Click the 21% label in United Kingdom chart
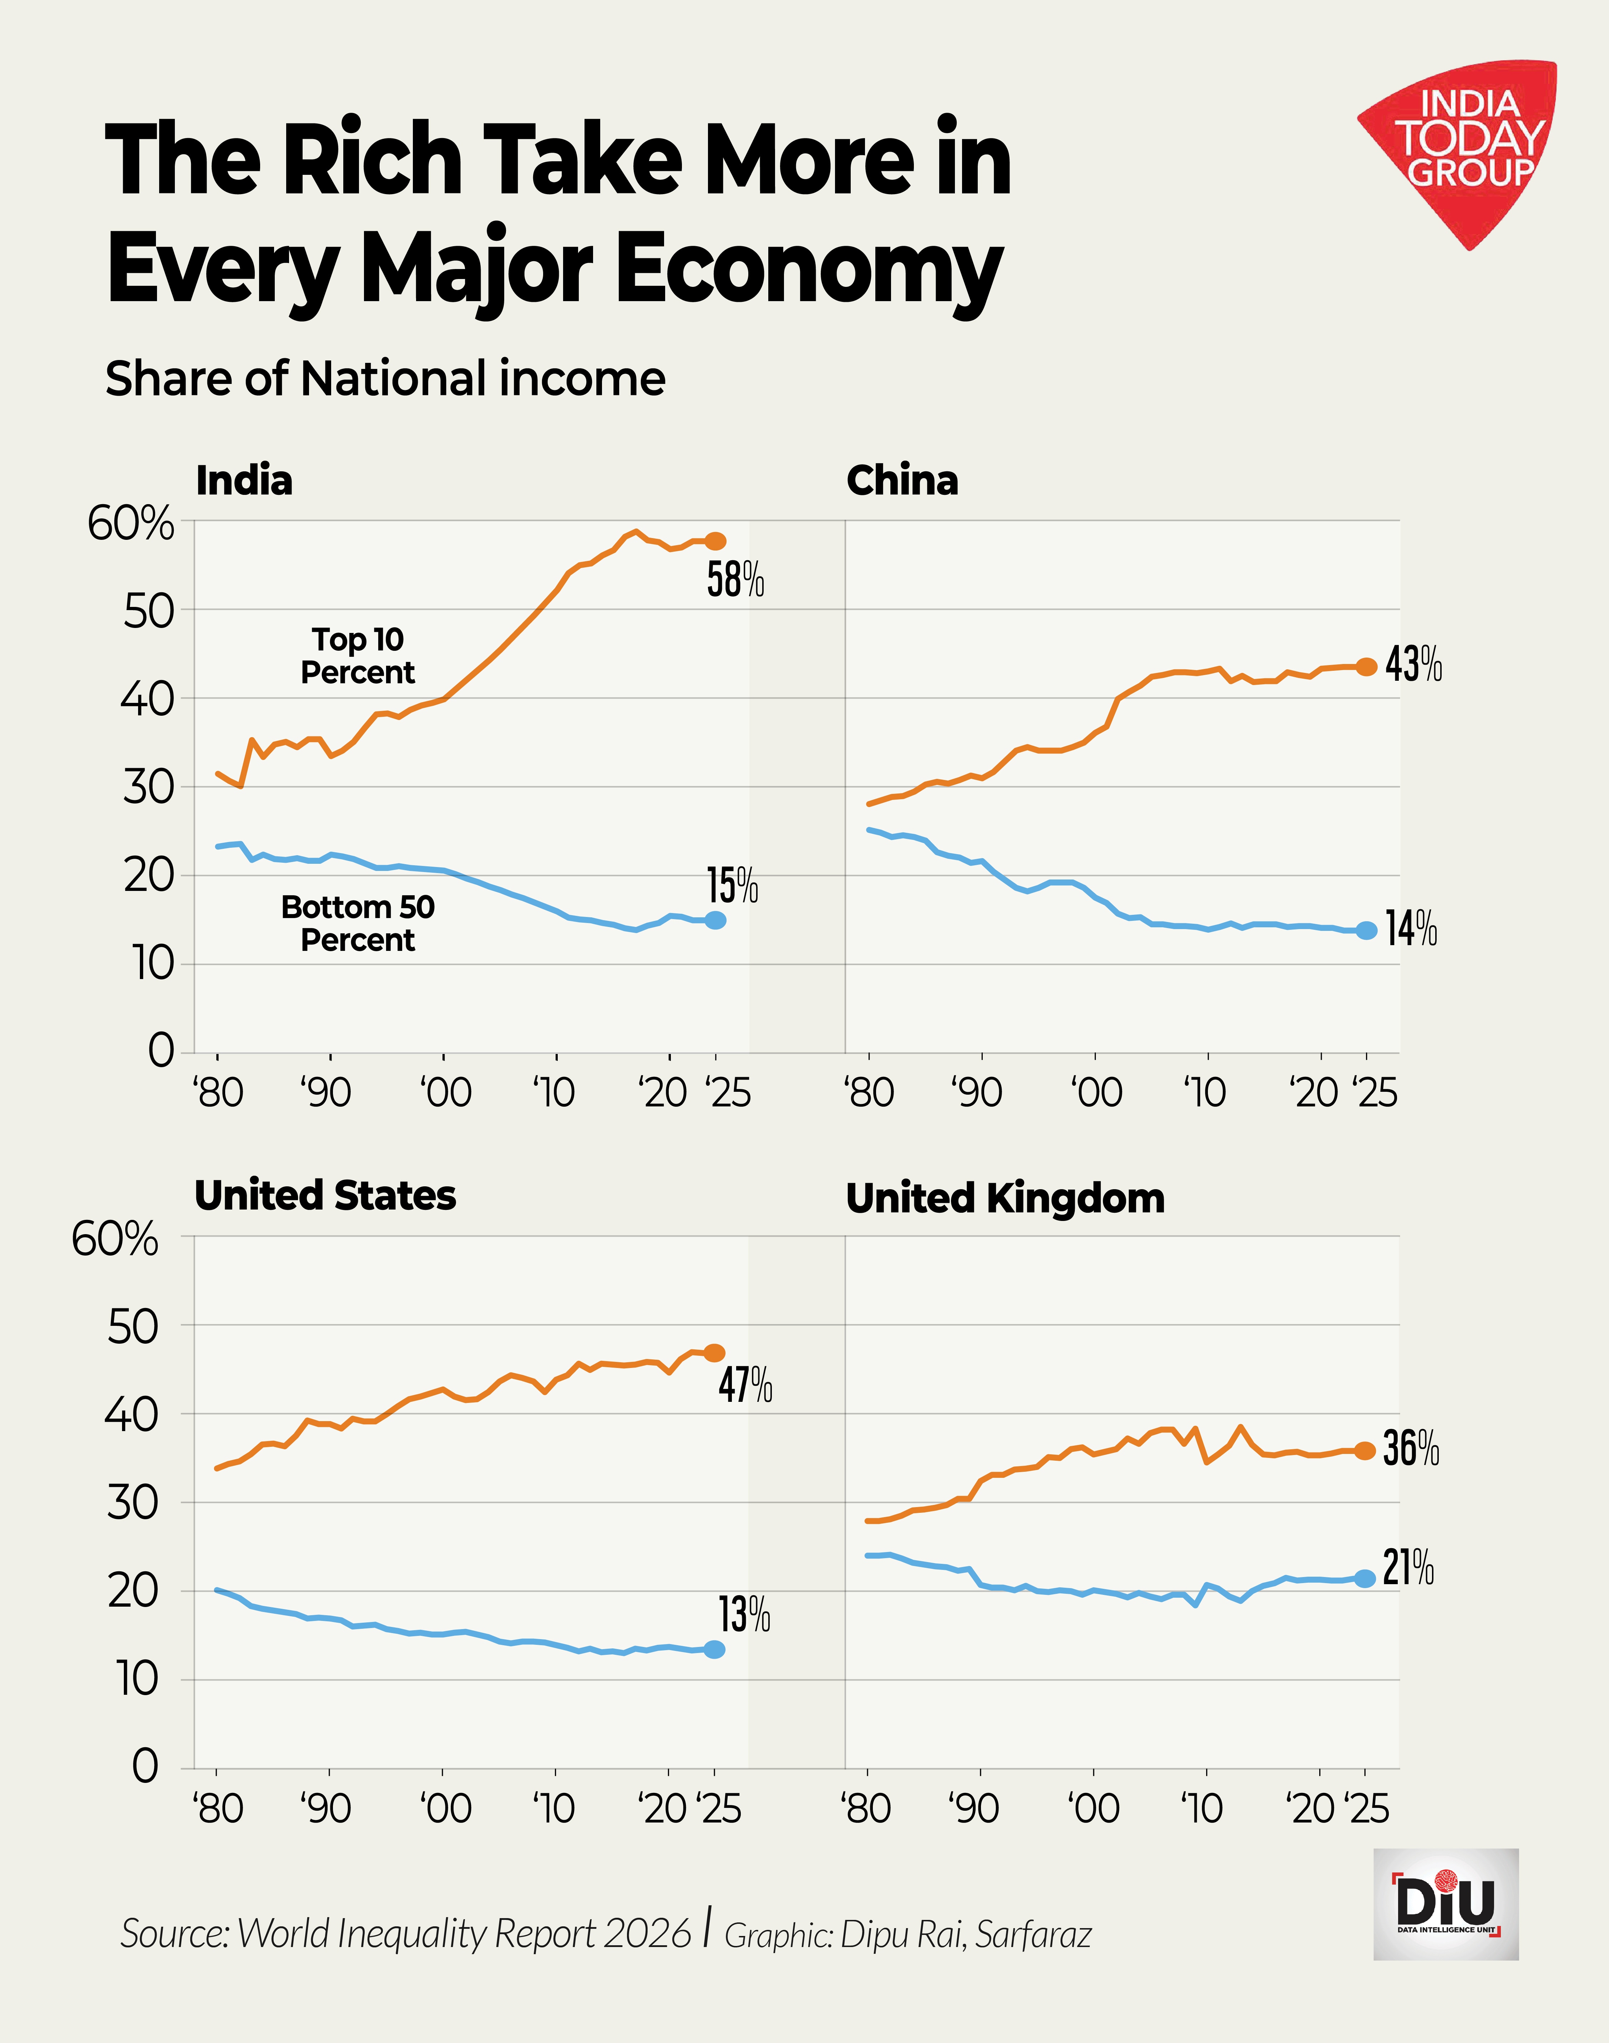[x=1408, y=1568]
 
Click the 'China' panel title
[x=901, y=480]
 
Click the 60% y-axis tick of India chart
[x=131, y=524]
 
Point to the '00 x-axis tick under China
[x=1096, y=1093]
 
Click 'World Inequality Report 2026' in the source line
[x=464, y=1934]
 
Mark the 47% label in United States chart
[x=745, y=1385]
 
